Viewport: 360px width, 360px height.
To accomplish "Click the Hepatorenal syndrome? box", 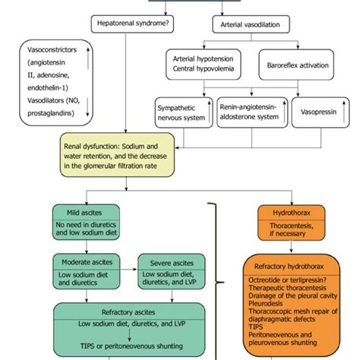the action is click(132, 24).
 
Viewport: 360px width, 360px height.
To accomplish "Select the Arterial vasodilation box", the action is click(251, 24).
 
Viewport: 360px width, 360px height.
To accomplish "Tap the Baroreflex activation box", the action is click(296, 65).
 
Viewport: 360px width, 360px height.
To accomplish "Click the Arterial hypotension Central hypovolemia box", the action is click(204, 65).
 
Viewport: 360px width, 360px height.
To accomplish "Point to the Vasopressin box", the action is click(321, 112).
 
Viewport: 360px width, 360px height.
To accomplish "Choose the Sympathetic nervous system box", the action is click(184, 112).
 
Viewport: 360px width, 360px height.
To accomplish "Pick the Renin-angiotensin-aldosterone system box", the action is click(252, 112).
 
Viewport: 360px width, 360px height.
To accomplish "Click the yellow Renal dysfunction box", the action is click(117, 155).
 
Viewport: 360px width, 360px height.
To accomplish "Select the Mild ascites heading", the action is click(84, 213).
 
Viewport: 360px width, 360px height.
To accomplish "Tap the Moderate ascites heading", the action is click(87, 262).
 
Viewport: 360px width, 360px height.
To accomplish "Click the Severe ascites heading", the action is click(172, 263).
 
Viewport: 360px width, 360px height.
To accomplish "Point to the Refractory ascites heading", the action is click(128, 312).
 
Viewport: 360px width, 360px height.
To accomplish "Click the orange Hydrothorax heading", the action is click(292, 213).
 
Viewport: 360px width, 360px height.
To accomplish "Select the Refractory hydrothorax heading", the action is click(289, 267).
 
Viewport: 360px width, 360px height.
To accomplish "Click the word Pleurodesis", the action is click(265, 303).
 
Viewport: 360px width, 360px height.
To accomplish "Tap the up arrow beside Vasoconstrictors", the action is click(88, 58).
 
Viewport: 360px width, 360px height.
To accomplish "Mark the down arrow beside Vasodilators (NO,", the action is click(87, 107).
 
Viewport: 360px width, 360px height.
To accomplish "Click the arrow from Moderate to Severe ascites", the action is click(128, 269).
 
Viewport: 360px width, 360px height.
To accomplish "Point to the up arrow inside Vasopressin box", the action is click(344, 112).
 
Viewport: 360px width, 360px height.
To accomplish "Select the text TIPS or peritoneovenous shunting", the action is click(131, 346).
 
